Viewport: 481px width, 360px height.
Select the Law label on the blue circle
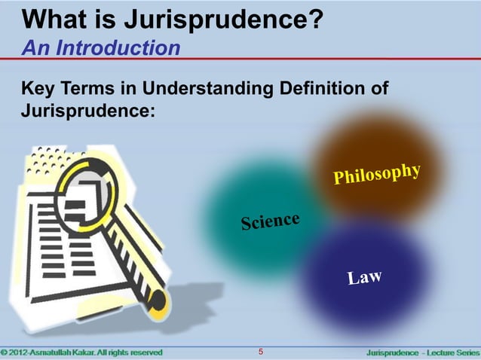[365, 279]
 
